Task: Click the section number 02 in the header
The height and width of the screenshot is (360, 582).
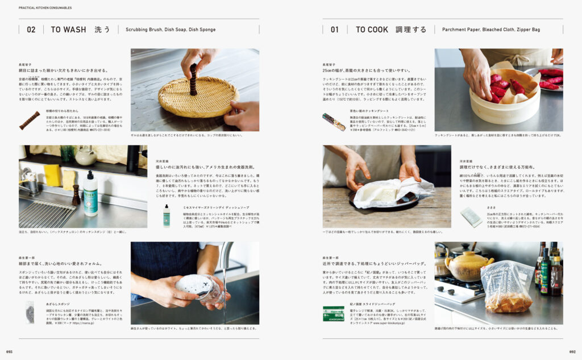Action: point(31,30)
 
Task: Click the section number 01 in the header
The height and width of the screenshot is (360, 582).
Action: point(334,30)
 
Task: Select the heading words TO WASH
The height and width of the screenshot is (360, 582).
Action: point(68,30)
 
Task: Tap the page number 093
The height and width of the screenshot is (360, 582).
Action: point(10,351)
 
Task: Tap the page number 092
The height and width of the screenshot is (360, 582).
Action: point(572,351)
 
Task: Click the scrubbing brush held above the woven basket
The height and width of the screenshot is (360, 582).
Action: point(193,78)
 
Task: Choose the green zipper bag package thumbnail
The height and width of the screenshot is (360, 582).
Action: point(334,313)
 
